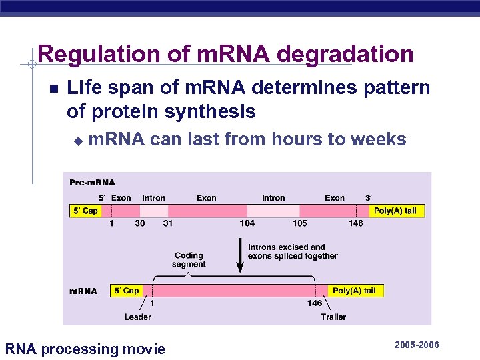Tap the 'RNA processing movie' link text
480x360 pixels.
(x=85, y=349)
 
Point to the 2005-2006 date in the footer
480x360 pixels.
(x=417, y=345)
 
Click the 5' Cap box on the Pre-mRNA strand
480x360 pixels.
(x=85, y=211)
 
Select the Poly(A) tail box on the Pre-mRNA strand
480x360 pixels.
(x=395, y=211)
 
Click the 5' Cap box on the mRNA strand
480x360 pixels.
(x=127, y=291)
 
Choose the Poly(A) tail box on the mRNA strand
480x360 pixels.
(x=354, y=291)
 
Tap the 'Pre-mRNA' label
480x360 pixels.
(x=92, y=183)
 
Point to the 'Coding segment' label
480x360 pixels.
(x=189, y=259)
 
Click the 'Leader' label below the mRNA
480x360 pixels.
(x=137, y=317)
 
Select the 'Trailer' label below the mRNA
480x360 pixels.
(x=333, y=317)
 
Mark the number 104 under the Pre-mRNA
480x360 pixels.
(x=247, y=223)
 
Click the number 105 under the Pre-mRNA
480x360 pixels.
(x=299, y=223)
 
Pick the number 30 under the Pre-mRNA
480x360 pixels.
(x=140, y=223)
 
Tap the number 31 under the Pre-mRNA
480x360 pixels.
(x=167, y=223)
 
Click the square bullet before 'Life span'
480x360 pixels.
(x=53, y=89)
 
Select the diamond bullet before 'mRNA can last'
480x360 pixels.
(x=77, y=141)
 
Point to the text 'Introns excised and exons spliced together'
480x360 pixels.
(x=292, y=251)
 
